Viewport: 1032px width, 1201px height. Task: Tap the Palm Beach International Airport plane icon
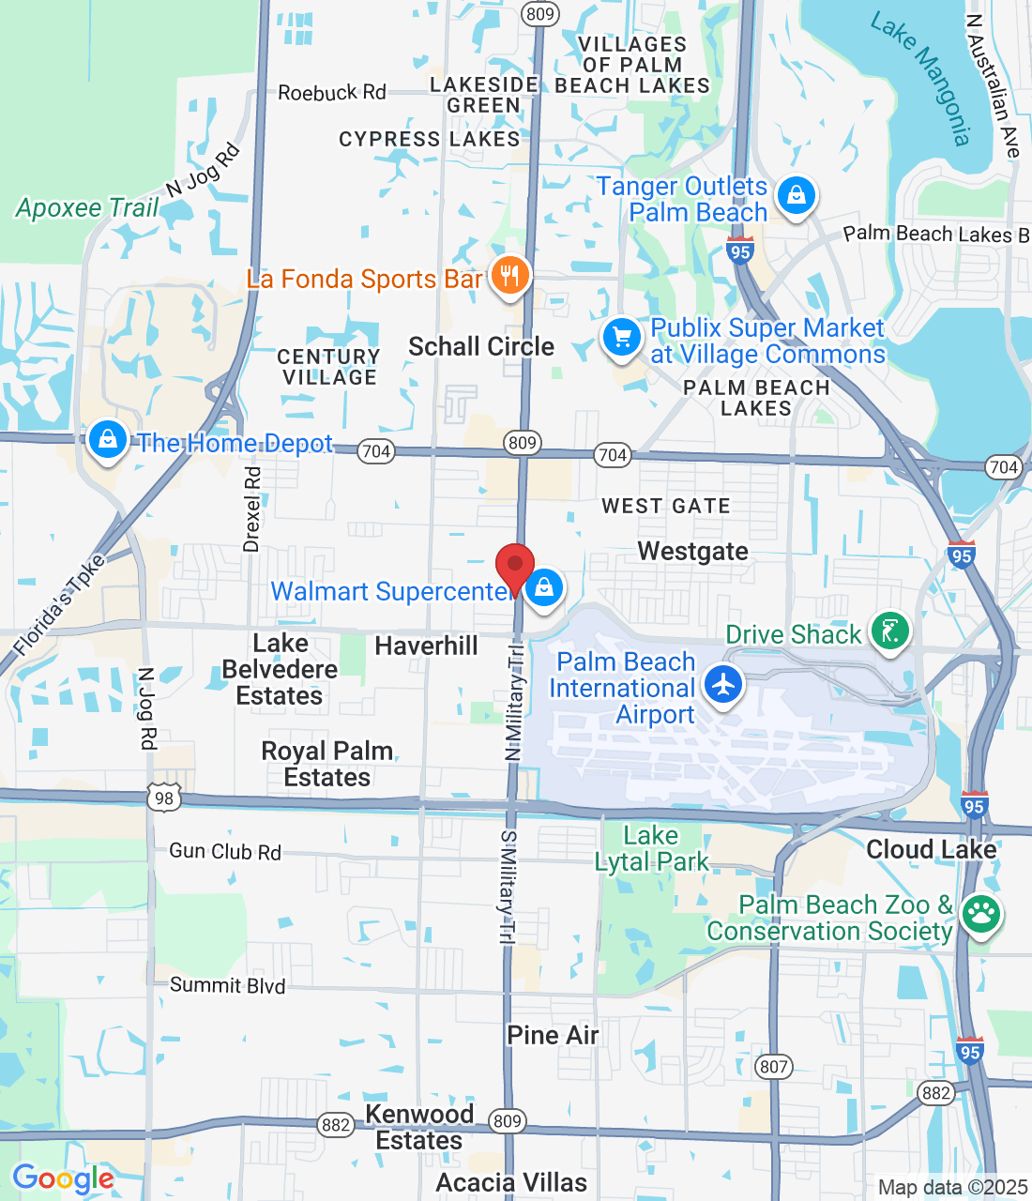tap(722, 683)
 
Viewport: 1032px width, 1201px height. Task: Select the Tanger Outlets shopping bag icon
tap(796, 196)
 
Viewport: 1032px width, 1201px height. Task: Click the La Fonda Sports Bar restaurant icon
tap(509, 276)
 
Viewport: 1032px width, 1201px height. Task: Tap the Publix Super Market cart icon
tap(621, 336)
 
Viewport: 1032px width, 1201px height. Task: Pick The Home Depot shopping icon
tap(108, 439)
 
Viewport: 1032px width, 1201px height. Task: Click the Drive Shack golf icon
tap(890, 631)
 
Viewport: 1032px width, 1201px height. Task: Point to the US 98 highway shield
tap(164, 798)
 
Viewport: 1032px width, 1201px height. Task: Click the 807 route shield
tap(774, 1067)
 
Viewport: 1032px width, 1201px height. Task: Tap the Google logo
tap(63, 1178)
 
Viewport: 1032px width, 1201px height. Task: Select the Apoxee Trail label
tap(87, 207)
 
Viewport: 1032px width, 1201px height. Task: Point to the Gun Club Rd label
tap(225, 852)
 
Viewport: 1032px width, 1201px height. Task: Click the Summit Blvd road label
tap(227, 985)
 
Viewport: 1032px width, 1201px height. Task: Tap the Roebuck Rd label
tap(332, 93)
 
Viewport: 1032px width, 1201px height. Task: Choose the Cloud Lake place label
tap(931, 849)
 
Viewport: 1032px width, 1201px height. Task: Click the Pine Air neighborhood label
tap(553, 1035)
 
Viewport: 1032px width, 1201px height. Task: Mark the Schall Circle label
tap(481, 346)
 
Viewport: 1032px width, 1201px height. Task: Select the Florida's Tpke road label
tap(58, 605)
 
